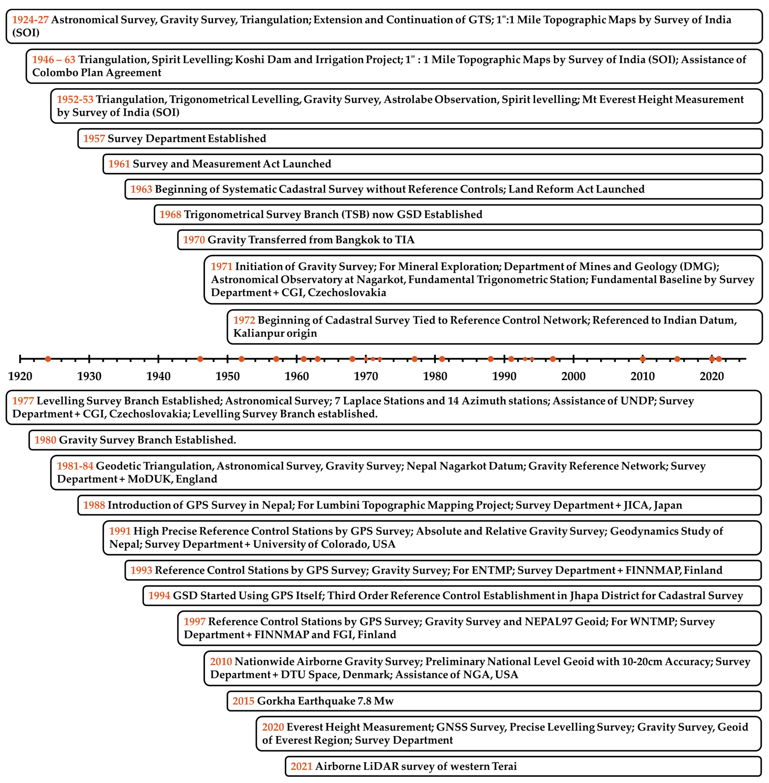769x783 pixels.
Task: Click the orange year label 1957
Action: (x=94, y=138)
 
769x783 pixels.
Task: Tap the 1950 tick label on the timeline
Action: (x=227, y=376)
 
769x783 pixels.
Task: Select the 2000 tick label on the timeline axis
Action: (x=573, y=376)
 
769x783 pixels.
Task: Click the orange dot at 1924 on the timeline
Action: (x=48, y=359)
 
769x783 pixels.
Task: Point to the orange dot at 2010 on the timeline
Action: (x=643, y=359)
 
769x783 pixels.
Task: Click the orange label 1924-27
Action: (x=30, y=20)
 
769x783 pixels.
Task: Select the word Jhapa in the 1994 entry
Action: (x=584, y=596)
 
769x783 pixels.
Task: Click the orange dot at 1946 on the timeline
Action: (x=200, y=359)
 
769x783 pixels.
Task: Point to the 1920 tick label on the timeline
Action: (x=20, y=376)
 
